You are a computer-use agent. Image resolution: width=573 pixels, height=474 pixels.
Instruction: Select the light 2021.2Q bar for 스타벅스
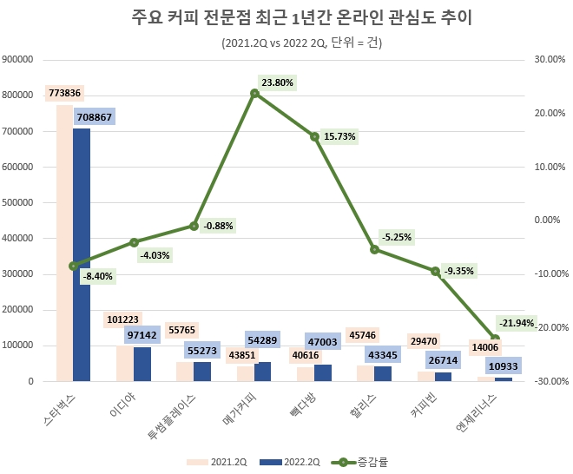pos(64,243)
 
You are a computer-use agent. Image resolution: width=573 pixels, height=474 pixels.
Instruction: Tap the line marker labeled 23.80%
pos(254,93)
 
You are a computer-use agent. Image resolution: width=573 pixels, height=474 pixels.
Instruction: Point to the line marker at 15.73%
pos(314,136)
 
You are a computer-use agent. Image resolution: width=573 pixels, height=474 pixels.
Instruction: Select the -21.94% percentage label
pos(517,322)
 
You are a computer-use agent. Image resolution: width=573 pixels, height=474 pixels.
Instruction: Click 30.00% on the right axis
pos(550,59)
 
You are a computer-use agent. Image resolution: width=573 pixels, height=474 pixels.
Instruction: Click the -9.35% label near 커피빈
pos(458,270)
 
